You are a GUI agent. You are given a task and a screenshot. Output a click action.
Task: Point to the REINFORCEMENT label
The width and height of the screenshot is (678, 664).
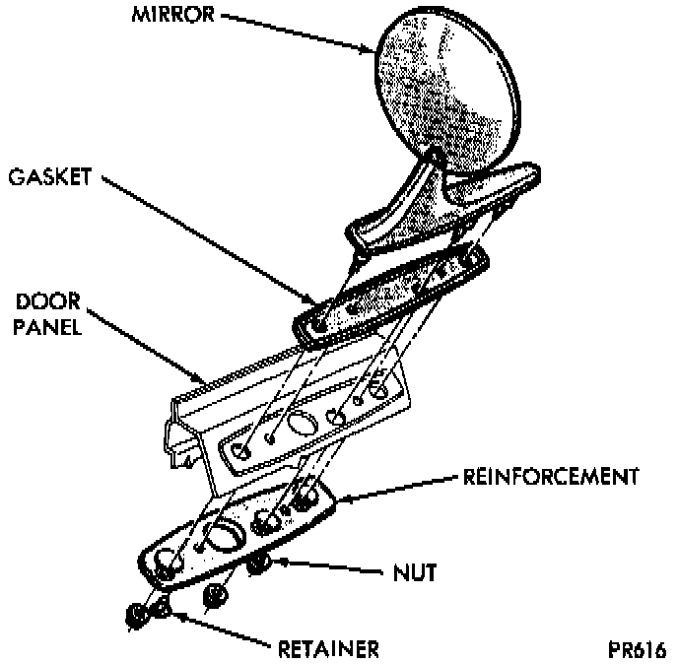coord(550,478)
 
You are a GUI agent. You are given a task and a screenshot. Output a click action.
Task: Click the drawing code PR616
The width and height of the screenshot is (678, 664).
coord(637,650)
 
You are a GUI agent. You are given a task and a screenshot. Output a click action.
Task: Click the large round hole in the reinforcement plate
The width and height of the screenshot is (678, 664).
coord(226,537)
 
